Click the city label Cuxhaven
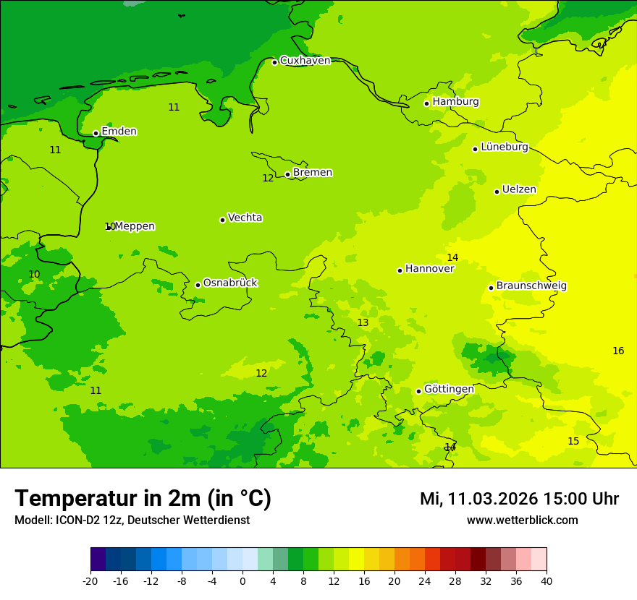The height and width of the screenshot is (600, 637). coord(305,61)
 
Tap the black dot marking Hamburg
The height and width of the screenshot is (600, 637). coord(426,103)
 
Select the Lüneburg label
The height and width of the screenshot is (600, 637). coord(504,147)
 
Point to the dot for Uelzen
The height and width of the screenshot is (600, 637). coord(497,192)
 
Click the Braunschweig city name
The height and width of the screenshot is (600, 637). coord(531,286)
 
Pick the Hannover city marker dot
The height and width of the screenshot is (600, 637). coord(400,270)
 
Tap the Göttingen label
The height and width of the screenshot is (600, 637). coord(449,390)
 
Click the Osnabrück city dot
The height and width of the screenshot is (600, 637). coord(198,285)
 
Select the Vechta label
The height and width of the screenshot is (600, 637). coord(245,218)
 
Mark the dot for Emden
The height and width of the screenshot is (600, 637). coord(96,133)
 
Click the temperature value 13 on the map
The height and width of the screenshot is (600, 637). coord(363,322)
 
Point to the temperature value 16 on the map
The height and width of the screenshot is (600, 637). coord(618,351)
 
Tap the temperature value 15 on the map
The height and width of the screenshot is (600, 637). coord(573,441)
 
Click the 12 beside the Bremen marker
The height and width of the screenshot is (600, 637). coord(268,178)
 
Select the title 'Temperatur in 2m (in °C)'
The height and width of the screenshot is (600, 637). coord(143,498)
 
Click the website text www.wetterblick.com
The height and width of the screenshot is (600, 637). coord(522,520)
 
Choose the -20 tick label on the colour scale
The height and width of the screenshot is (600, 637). coord(90,580)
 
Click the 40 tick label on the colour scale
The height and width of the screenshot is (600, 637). coord(547,580)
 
